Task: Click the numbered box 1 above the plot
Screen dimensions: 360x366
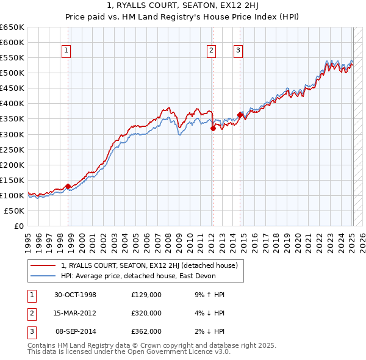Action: point(65,51)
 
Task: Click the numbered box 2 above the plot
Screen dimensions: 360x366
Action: point(211,51)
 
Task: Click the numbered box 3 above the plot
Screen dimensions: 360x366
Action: point(238,51)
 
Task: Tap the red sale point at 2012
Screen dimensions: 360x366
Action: point(213,128)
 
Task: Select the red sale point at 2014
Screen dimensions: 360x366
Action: point(240,115)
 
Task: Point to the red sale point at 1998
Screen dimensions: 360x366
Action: point(68,186)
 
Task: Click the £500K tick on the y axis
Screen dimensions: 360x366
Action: point(13,73)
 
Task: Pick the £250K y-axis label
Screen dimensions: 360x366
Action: point(13,149)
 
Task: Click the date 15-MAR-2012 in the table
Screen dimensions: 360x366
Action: point(76,313)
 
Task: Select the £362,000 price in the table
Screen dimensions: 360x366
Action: point(146,331)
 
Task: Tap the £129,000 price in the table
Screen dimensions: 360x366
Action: point(146,295)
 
